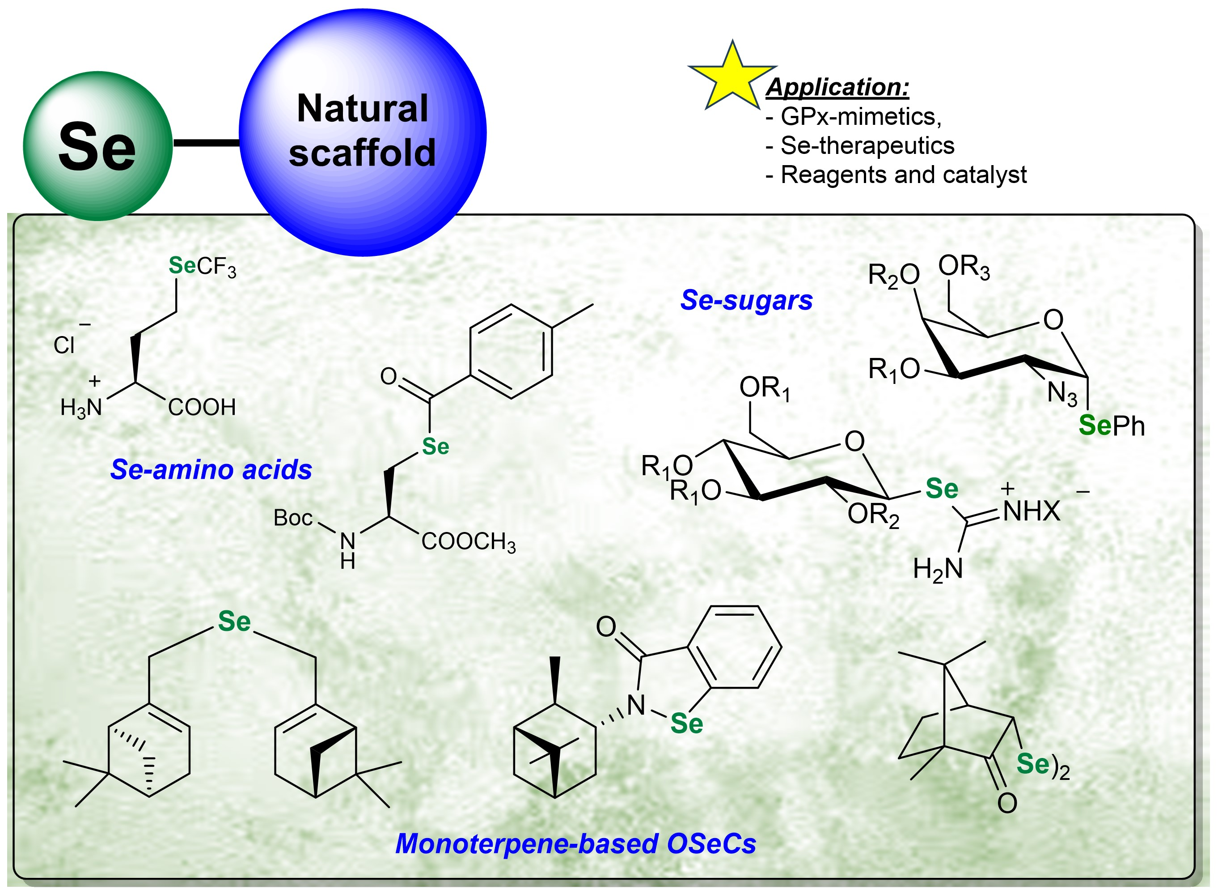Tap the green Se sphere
point(97,147)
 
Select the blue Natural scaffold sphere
point(362,132)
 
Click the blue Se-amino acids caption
point(211,470)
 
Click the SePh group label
point(1111,426)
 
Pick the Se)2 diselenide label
point(1042,765)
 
